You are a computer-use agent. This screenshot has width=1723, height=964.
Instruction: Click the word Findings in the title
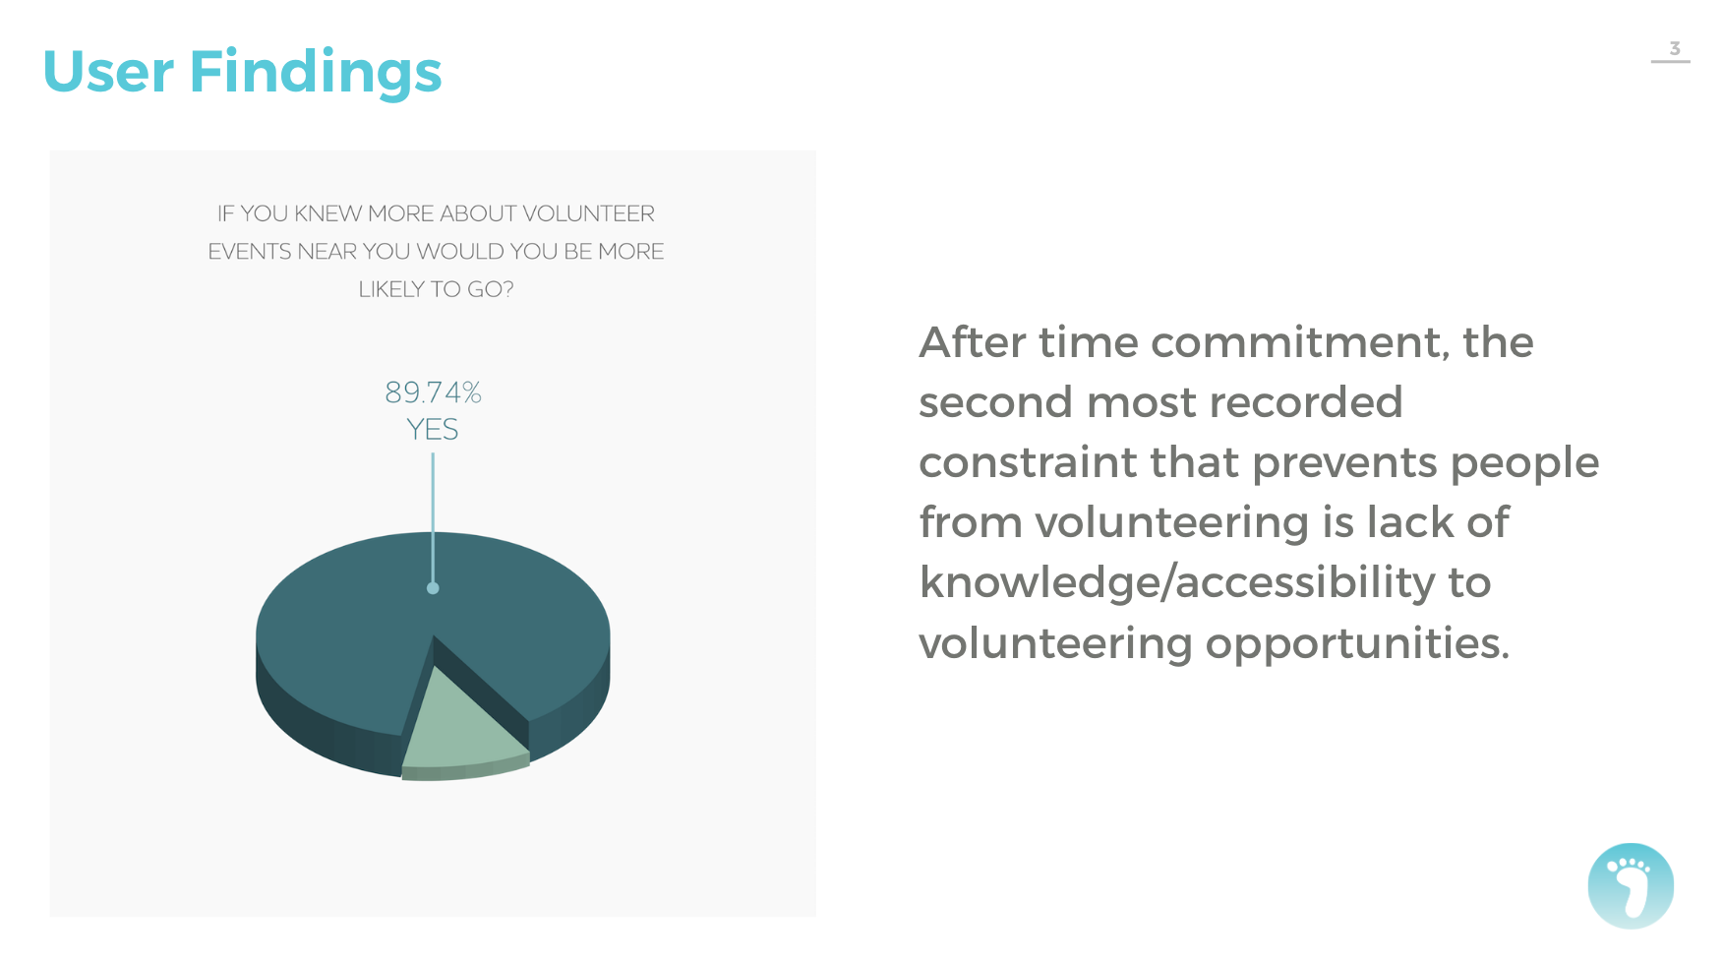pyautogui.click(x=316, y=73)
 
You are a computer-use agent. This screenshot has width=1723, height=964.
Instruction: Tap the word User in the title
pyautogui.click(x=108, y=72)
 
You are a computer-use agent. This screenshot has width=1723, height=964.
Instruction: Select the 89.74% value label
pyautogui.click(x=433, y=392)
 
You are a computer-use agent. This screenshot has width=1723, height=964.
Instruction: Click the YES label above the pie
pyautogui.click(x=433, y=430)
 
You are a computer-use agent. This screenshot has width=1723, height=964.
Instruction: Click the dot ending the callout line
pyautogui.click(x=433, y=588)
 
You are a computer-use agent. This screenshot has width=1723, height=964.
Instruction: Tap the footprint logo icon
pyautogui.click(x=1631, y=885)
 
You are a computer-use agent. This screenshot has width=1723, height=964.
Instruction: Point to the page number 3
pyautogui.click(x=1675, y=48)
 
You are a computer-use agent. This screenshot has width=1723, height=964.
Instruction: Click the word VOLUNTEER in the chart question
pyautogui.click(x=588, y=213)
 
